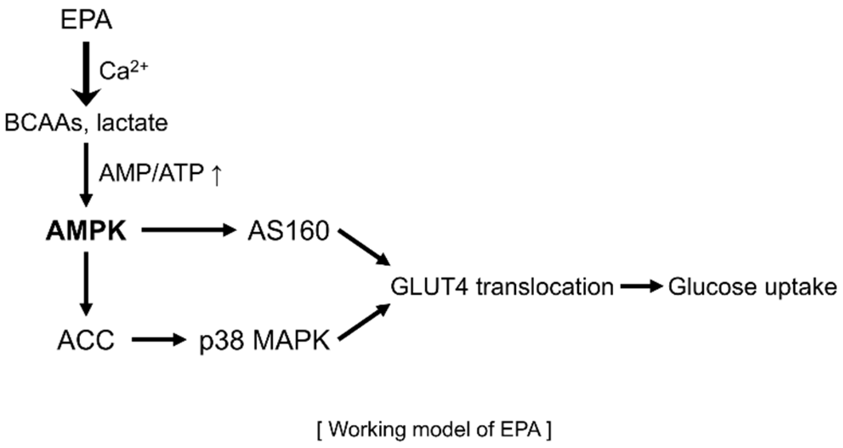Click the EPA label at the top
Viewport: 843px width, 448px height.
click(86, 20)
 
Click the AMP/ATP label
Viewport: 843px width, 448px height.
click(151, 174)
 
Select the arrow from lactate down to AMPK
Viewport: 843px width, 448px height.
click(86, 174)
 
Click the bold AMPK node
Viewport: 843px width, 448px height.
click(86, 232)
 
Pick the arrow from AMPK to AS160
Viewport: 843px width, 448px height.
click(188, 231)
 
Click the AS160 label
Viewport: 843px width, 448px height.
click(289, 231)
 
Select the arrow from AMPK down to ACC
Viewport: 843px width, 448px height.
click(86, 283)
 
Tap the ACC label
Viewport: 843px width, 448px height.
click(86, 340)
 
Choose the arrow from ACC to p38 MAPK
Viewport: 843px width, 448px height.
click(159, 340)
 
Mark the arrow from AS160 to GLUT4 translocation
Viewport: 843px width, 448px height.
click(364, 247)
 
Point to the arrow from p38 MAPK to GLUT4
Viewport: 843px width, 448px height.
click(364, 322)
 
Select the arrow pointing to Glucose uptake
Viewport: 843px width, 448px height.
click(641, 286)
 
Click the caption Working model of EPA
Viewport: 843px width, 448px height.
click(434, 430)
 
